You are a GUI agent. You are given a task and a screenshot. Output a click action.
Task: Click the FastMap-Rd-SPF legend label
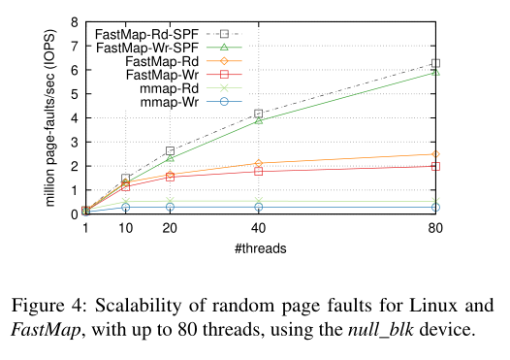coord(146,34)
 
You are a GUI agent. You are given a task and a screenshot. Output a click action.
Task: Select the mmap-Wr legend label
coord(170,102)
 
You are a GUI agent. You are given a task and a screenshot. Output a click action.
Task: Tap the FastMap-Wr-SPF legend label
coord(147,48)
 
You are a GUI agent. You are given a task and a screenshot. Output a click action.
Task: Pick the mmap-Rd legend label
coord(170,88)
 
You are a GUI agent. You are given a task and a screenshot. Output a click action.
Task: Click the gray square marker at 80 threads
coord(435,63)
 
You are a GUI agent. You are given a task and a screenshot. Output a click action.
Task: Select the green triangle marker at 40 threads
coord(259,120)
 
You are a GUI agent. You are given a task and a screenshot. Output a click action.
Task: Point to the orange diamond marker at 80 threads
coord(435,154)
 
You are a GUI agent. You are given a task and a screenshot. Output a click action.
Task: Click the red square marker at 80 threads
coord(435,166)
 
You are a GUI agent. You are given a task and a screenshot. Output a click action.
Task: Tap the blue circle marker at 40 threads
coord(259,207)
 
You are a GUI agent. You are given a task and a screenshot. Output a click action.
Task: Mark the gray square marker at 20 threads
coord(170,150)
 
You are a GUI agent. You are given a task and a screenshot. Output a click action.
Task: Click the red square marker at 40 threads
coord(259,171)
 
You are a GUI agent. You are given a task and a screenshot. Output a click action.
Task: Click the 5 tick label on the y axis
coord(75,94)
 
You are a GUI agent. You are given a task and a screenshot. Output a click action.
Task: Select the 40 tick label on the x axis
coord(259,228)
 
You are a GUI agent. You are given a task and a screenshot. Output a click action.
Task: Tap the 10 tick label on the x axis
coord(125,228)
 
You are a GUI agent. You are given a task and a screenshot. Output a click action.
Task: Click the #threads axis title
coord(261,248)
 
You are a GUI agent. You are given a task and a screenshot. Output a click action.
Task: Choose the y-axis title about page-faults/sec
coord(50,117)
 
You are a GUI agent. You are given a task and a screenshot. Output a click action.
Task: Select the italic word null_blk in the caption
coord(381,330)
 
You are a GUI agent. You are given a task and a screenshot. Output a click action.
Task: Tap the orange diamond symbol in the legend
coord(224,61)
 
